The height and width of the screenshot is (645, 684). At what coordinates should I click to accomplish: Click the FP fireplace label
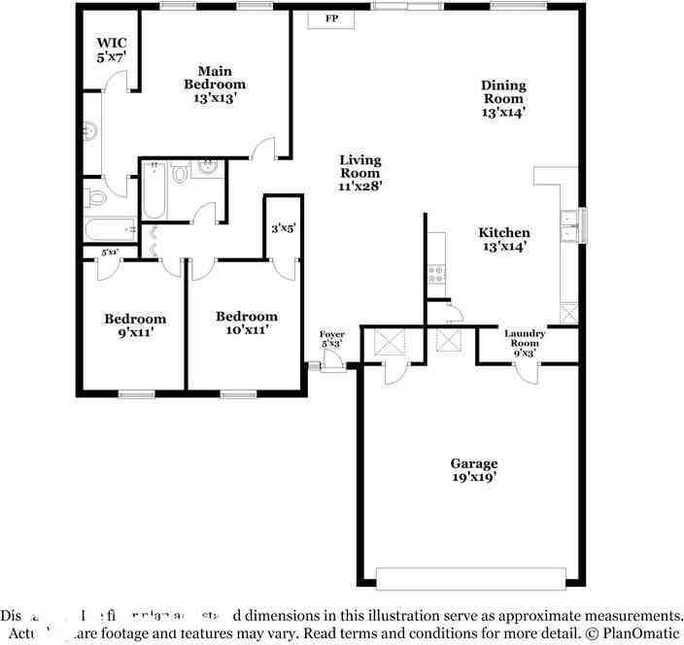(331, 18)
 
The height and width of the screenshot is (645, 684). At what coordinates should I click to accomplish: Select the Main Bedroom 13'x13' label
(215, 84)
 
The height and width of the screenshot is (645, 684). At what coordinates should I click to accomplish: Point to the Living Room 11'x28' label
(359, 173)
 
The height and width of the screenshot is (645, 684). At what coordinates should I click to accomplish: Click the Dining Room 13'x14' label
(502, 98)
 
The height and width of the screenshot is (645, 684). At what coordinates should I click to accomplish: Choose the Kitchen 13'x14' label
(503, 239)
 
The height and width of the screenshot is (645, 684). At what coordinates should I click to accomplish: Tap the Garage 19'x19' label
(473, 470)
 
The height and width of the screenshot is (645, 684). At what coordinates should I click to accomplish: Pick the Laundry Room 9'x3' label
(525, 343)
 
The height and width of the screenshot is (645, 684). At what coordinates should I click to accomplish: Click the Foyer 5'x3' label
(332, 339)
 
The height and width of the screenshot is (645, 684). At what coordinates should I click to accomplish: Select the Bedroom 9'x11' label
(135, 324)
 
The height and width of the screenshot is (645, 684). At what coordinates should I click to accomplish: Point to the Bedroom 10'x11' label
(246, 322)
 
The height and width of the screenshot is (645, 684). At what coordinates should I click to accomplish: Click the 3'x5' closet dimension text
(283, 228)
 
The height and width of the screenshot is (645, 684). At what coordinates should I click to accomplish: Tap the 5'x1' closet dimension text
(110, 253)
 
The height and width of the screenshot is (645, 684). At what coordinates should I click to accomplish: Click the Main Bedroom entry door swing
(262, 148)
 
